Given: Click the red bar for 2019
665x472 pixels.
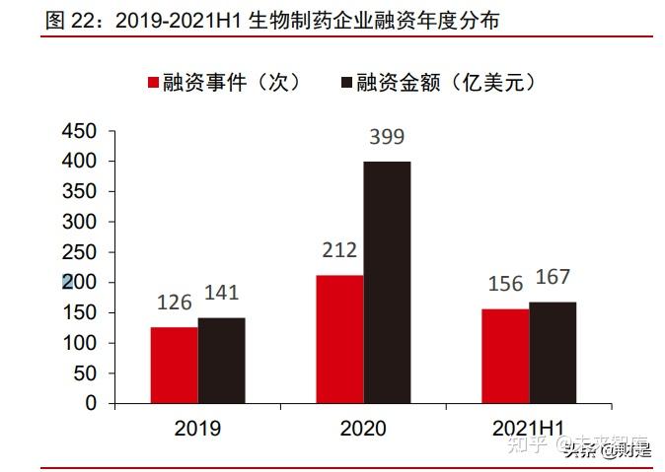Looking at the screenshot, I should tap(174, 365).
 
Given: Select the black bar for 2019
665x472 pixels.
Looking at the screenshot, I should tap(221, 360).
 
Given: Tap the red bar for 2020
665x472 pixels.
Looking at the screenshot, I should tap(339, 339).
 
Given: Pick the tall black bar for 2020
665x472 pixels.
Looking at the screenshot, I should tap(387, 282).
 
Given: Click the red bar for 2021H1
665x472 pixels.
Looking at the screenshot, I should tap(505, 356).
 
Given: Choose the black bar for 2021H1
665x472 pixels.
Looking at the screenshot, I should tap(553, 352).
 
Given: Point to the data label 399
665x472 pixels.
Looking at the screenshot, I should tap(386, 138).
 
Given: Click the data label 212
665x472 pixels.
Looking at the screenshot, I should tap(338, 251).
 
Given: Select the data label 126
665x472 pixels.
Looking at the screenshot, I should tap(174, 303).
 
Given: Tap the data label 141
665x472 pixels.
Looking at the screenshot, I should tap(221, 293).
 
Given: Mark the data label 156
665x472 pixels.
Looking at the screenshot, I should tap(505, 284).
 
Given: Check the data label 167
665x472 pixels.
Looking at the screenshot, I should tap(553, 277).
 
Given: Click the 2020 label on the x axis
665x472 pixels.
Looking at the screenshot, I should tap(363, 428).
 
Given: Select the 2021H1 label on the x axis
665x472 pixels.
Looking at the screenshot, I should tap(529, 428).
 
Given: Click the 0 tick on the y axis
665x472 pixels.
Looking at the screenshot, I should tap(91, 403).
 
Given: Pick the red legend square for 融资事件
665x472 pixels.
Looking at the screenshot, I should tap(154, 83).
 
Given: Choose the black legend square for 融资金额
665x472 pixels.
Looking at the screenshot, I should tap(346, 83).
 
